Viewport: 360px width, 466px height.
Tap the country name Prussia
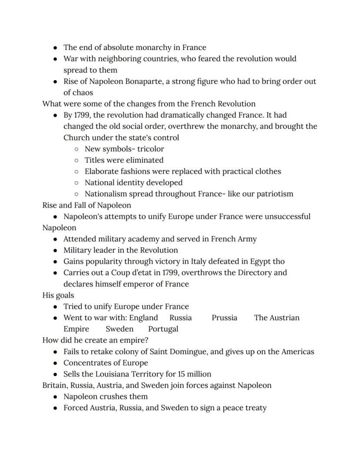click(x=224, y=318)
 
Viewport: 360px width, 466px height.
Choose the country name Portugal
click(x=163, y=329)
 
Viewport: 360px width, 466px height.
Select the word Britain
click(x=54, y=386)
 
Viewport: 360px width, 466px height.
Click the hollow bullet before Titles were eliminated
click(x=77, y=161)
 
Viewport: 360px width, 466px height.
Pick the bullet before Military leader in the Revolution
click(x=55, y=251)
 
